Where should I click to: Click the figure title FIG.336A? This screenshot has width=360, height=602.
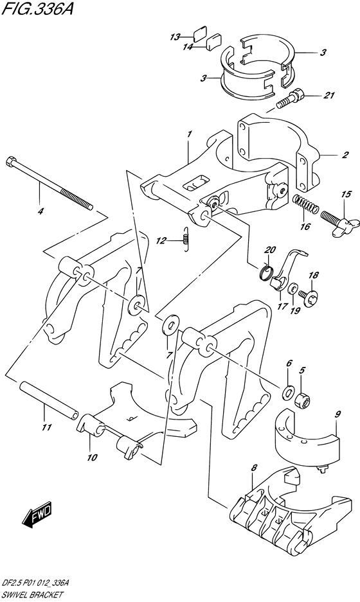[37, 8]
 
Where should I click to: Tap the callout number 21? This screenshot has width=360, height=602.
[329, 95]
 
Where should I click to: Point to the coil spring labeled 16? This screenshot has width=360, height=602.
[306, 205]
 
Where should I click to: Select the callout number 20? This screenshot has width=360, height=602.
[271, 250]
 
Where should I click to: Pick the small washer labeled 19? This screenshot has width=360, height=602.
[294, 288]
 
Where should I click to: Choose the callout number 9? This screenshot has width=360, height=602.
[337, 414]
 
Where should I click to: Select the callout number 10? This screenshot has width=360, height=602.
[92, 457]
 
